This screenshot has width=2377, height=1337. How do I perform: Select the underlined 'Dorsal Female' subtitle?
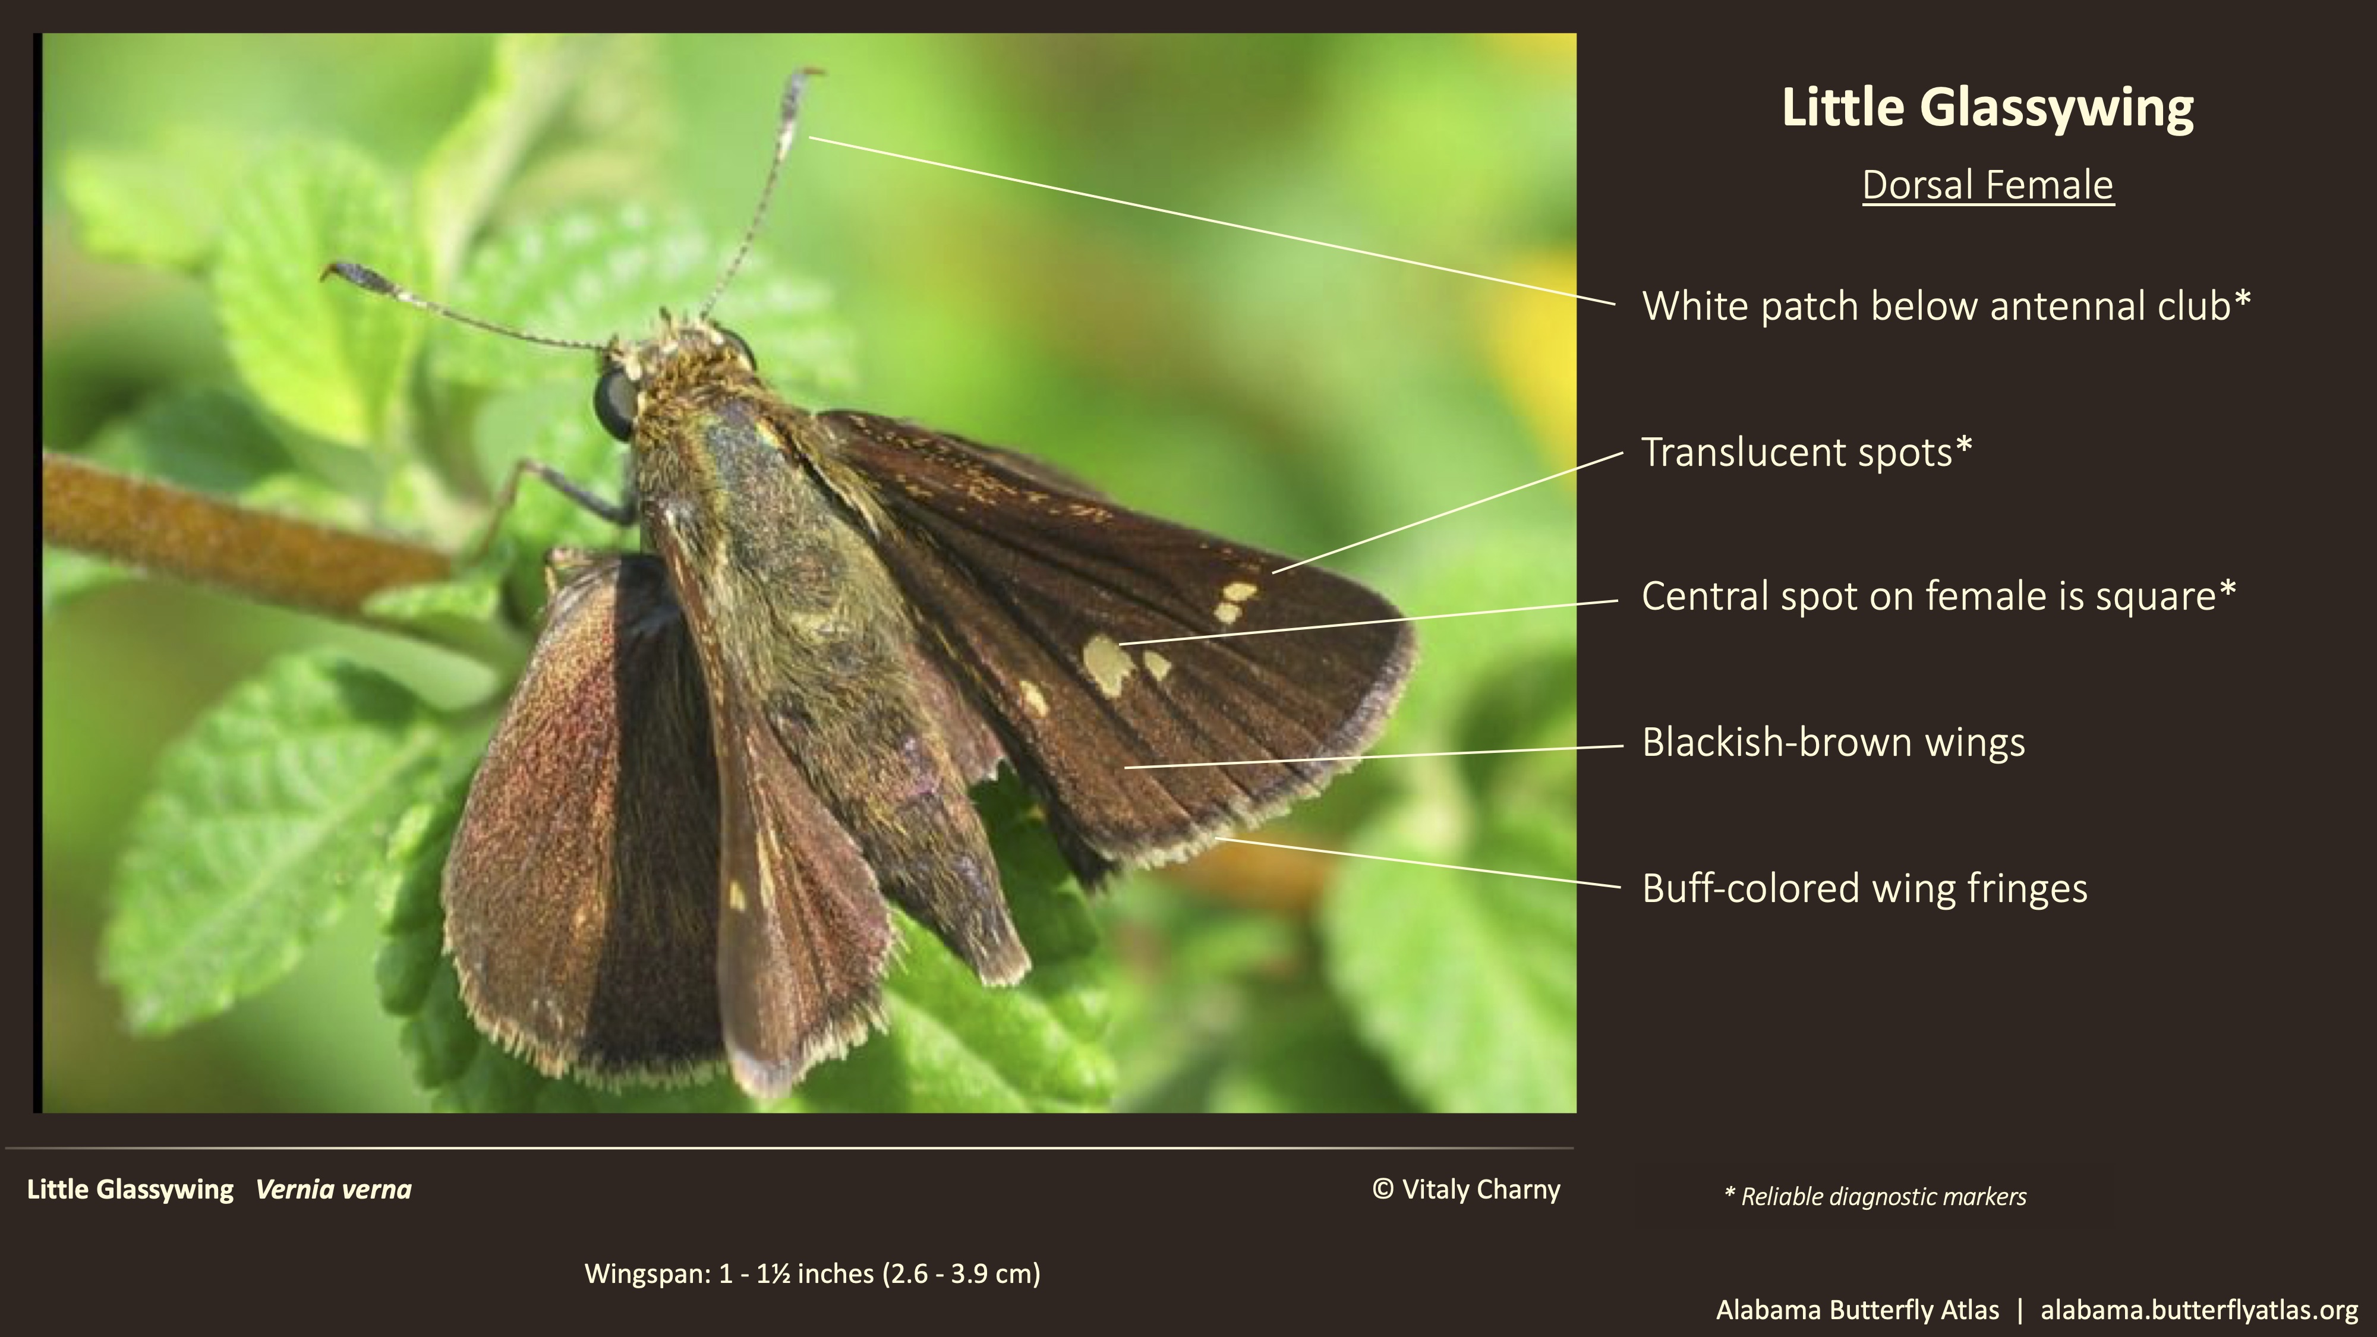click(1988, 185)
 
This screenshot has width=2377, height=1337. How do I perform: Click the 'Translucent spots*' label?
click(1806, 452)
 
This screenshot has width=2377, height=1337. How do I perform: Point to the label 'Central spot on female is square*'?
click(1938, 596)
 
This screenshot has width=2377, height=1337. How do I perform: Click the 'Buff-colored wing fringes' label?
click(1864, 888)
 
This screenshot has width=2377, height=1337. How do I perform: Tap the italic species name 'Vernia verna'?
click(333, 1190)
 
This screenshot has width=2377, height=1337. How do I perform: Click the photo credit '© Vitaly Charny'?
click(1466, 1190)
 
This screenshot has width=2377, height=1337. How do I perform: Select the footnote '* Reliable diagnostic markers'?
click(1875, 1197)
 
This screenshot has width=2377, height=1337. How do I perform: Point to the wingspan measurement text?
click(812, 1274)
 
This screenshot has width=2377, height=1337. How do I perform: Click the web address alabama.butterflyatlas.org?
click(2199, 1310)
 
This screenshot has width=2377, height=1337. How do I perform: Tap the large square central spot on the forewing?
click(1106, 663)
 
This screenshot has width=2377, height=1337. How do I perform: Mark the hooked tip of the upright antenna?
click(810, 71)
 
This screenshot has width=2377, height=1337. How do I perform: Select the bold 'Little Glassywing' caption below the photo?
click(130, 1190)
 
